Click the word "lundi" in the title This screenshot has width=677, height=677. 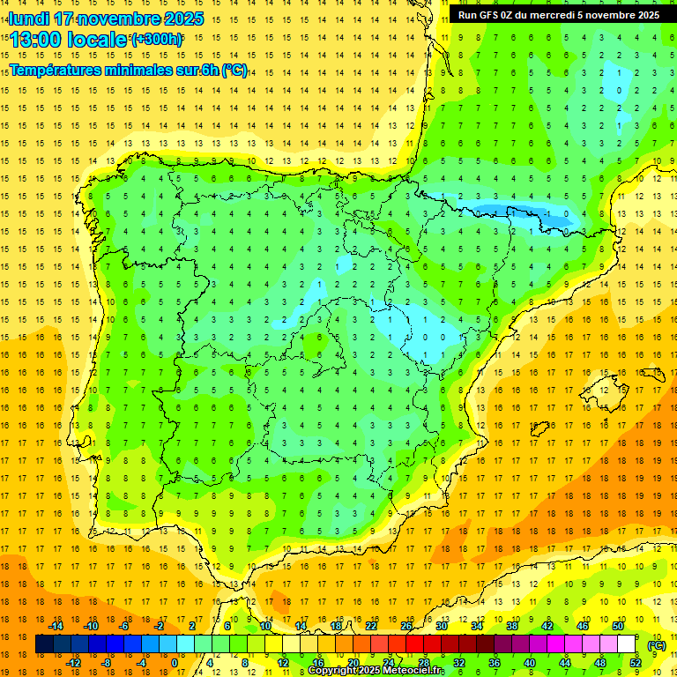coord(28,19)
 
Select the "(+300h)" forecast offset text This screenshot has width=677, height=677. coord(157,39)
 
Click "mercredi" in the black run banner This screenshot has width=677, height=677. coord(548,15)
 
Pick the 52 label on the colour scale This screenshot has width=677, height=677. coord(636,662)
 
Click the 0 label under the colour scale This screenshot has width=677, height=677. coord(175,662)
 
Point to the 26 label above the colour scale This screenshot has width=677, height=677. coord(406,626)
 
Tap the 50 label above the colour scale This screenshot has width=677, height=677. coord(618,626)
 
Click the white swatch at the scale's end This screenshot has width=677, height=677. coord(627,644)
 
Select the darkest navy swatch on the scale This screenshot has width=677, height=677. coord(44,644)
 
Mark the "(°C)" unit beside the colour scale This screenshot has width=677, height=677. coord(656,645)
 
